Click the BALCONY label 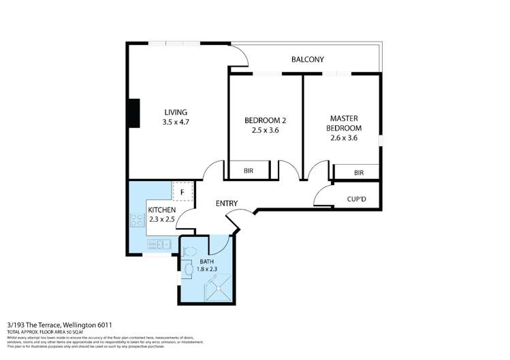(307, 59)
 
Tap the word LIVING (175, 112)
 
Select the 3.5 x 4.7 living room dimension (175, 122)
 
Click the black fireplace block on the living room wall (134, 113)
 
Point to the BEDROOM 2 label (265, 120)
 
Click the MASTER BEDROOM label (343, 122)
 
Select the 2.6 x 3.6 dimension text (343, 137)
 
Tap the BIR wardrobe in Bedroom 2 (249, 171)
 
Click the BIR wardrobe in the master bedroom (359, 174)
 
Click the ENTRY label (226, 203)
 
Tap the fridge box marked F (182, 193)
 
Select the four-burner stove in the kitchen (134, 219)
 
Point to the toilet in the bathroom (189, 250)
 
